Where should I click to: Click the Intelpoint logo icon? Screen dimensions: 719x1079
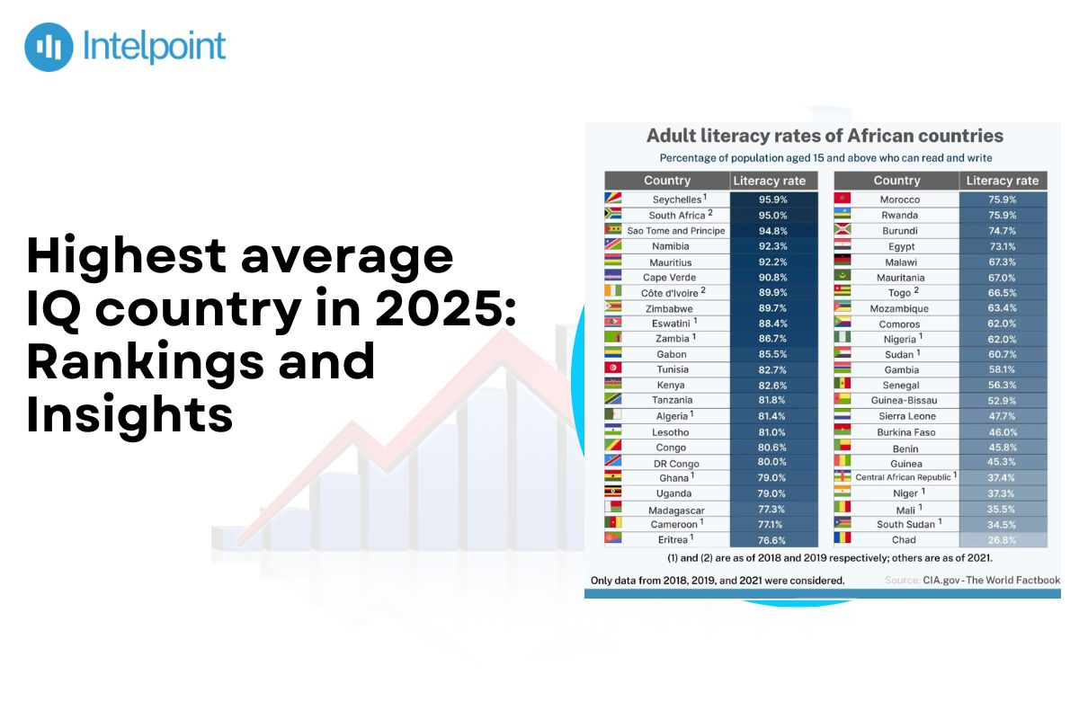(x=49, y=48)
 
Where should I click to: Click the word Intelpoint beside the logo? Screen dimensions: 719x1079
(x=154, y=47)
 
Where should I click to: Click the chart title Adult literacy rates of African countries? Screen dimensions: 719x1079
(x=825, y=137)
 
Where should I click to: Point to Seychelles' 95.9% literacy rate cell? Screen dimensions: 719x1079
(x=772, y=200)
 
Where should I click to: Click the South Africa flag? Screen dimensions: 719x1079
(x=613, y=215)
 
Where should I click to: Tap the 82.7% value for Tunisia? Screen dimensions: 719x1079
(x=772, y=369)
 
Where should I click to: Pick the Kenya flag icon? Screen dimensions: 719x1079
(x=613, y=385)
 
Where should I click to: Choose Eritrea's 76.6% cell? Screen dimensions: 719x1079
(x=772, y=540)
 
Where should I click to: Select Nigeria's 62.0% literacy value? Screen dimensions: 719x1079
(x=1002, y=339)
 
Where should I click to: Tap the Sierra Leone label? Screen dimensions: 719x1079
(x=906, y=416)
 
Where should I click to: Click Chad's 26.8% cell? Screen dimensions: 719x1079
(x=1002, y=540)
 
